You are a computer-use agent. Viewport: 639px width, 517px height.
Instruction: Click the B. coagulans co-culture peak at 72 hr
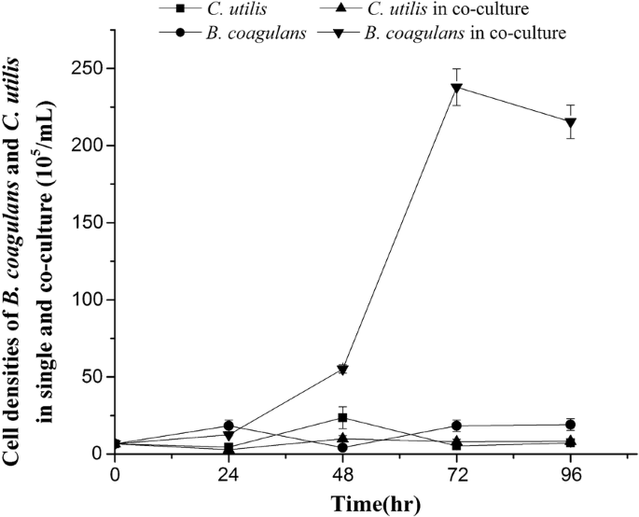[457, 89]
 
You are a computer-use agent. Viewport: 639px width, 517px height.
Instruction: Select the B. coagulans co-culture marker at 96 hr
[571, 122]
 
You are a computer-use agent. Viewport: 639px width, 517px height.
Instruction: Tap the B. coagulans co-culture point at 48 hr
[343, 370]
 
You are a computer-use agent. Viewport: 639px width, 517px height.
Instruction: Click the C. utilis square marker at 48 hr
[343, 418]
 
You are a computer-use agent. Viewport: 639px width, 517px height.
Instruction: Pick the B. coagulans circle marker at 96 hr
[571, 425]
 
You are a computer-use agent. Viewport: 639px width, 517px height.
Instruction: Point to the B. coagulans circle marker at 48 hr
[343, 448]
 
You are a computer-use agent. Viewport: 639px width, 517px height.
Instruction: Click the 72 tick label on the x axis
[457, 475]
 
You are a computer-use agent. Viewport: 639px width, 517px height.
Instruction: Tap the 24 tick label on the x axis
[229, 475]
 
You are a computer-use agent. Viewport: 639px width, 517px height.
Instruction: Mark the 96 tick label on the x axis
[571, 475]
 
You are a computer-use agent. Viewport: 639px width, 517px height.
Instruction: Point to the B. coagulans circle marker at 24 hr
[229, 426]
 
